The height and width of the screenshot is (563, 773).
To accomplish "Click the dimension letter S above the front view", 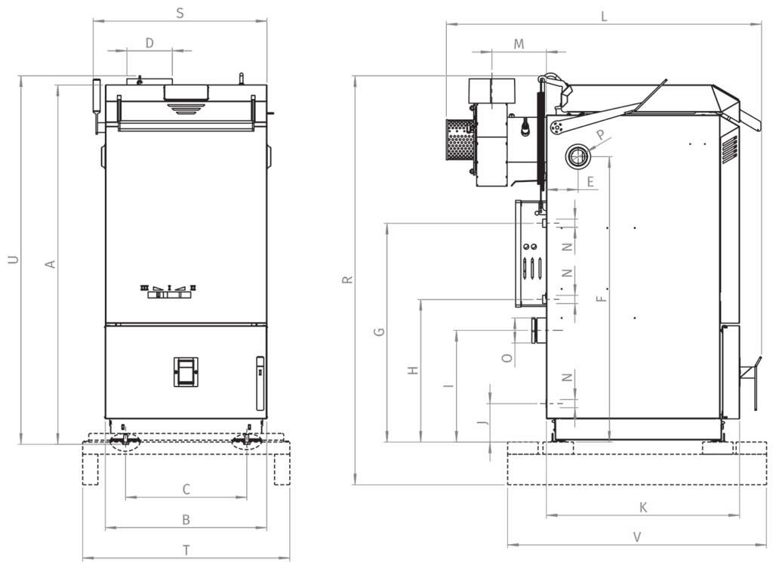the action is tap(180, 14).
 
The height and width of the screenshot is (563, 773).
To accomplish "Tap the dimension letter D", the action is tap(150, 43).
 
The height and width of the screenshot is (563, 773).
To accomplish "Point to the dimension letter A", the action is tap(50, 264).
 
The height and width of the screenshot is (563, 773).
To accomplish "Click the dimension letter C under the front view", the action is tap(186, 490).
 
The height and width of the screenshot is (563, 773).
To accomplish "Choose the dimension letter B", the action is tap(186, 520).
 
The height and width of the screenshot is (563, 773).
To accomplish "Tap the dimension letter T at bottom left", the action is tap(186, 550).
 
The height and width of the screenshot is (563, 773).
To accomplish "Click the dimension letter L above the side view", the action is tap(604, 17).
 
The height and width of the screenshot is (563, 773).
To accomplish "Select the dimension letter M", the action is tap(519, 45).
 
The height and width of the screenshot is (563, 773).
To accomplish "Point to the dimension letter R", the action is tap(347, 280).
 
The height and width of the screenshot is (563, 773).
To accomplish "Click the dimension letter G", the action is tap(379, 332).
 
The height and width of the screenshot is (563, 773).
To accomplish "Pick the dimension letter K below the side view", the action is tap(643, 507).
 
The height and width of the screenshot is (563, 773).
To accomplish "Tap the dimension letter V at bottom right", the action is tap(637, 537).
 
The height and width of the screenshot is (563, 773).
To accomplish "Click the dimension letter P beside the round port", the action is tap(600, 135).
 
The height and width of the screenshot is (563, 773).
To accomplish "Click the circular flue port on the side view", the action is tap(577, 156).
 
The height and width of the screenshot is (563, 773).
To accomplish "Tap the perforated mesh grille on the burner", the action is tap(459, 139).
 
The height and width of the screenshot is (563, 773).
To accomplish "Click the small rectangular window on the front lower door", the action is tap(186, 371).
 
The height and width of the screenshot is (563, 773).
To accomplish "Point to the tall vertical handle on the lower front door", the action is tap(260, 383).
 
